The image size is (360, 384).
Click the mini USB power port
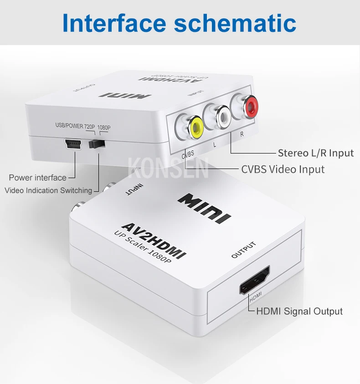click(72, 145)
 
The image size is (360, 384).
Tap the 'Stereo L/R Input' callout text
click(316, 153)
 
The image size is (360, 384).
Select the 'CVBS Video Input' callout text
click(283, 169)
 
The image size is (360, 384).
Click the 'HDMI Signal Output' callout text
click(299, 312)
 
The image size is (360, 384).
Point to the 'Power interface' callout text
click(38, 178)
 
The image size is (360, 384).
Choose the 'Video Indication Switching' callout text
click(48, 190)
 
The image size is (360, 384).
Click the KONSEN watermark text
click(168, 168)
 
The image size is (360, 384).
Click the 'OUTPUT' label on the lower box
click(244, 250)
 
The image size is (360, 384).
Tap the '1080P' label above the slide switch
click(104, 128)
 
